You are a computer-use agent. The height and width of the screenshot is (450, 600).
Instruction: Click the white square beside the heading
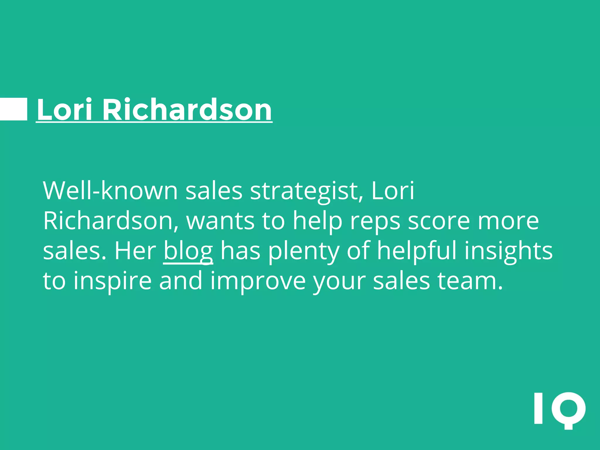tap(13, 109)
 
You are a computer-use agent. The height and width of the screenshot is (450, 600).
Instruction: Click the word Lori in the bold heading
tap(65, 110)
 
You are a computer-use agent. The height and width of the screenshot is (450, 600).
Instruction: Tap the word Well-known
tap(110, 191)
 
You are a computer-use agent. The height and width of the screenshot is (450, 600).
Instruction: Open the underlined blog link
tap(188, 251)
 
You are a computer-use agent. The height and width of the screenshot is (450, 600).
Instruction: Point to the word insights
tap(508, 251)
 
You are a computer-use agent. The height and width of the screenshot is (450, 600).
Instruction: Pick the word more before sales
tap(508, 221)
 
